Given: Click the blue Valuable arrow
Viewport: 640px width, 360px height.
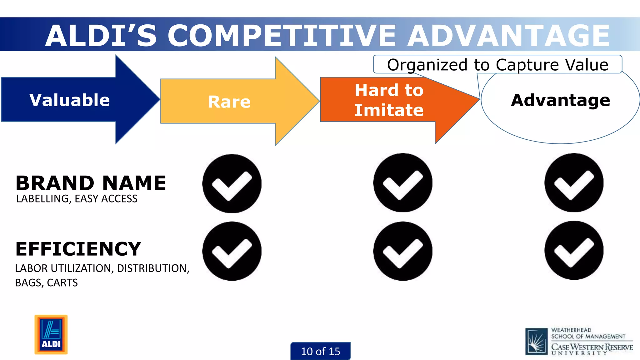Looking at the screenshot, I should click(69, 100).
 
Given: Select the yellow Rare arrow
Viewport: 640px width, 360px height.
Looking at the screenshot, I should click(229, 102).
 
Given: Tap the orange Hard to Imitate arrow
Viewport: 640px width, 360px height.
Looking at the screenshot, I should click(389, 100).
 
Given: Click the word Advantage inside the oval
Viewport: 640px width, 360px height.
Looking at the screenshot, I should click(560, 100).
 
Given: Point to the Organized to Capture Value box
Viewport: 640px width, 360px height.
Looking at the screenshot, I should click(497, 65).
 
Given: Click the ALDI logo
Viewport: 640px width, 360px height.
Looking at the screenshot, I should click(51, 334).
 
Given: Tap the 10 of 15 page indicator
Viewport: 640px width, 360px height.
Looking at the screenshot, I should click(320, 351).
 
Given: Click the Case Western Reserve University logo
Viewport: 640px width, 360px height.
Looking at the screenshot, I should click(579, 341).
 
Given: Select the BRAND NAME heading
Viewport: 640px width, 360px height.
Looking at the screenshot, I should click(91, 183).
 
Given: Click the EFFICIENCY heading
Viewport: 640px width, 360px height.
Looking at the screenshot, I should click(78, 249).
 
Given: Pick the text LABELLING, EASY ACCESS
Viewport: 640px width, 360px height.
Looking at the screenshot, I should click(77, 199).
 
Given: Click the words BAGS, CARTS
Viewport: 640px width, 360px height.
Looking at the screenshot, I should click(46, 283).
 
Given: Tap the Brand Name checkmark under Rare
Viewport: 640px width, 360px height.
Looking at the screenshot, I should click(232, 183).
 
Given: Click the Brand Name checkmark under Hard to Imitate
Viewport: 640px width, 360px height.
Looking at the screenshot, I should click(402, 183).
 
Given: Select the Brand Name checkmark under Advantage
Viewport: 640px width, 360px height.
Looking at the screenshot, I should click(574, 183).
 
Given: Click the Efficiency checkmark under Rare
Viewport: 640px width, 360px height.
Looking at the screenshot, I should click(232, 251).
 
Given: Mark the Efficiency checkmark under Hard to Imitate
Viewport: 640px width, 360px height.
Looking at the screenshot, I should click(402, 251).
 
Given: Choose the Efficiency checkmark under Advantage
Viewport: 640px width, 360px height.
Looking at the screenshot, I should click(574, 250).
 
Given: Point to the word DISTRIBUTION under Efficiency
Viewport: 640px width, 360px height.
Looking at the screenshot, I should click(152, 268).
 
